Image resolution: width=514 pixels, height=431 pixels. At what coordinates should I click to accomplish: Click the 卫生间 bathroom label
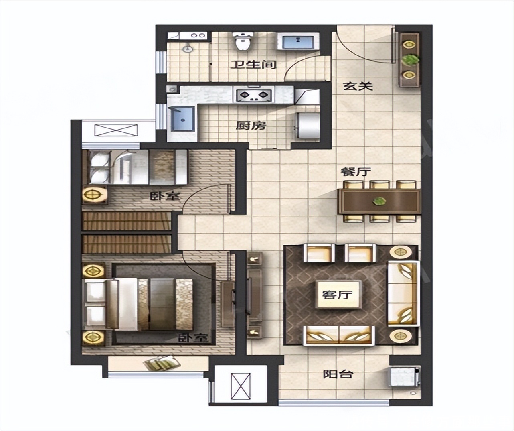[253, 65]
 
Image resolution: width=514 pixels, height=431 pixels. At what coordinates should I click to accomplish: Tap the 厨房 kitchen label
[251, 126]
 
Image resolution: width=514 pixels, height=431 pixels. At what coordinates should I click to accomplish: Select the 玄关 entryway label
[358, 87]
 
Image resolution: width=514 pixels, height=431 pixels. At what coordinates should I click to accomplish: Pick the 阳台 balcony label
[338, 374]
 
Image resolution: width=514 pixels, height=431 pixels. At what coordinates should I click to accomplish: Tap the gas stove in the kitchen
[254, 95]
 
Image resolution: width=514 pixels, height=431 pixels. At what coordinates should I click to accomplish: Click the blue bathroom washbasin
[298, 42]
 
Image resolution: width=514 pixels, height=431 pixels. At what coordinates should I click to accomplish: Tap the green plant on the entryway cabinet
[410, 60]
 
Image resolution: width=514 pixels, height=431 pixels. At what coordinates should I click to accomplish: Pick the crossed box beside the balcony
[241, 386]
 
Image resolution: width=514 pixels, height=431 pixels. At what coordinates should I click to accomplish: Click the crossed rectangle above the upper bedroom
[116, 130]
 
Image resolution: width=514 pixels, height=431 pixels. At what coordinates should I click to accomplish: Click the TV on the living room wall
[249, 295]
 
